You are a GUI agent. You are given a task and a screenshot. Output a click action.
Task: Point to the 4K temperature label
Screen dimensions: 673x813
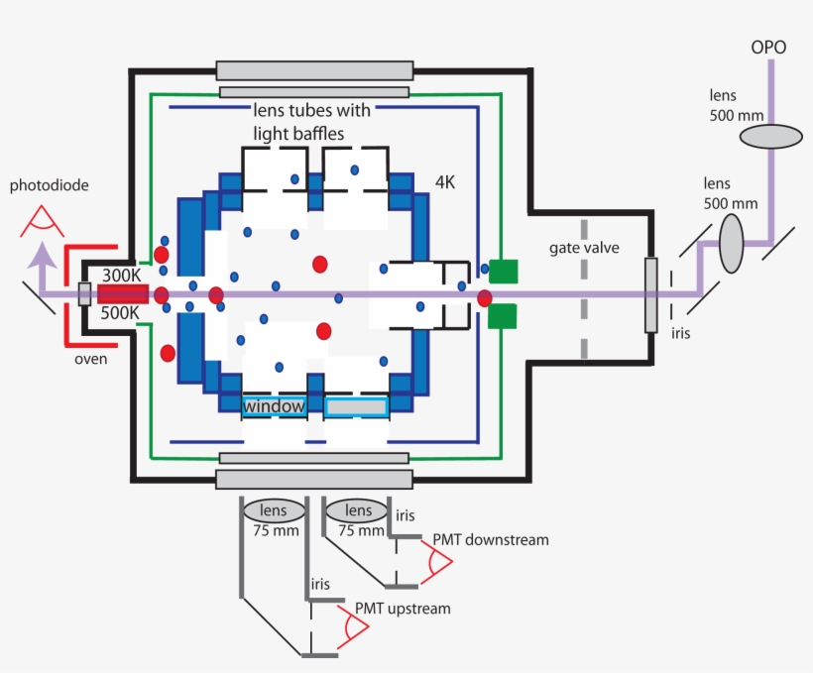pyautogui.click(x=449, y=182)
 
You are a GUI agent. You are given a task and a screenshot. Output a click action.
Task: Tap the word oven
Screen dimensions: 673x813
pyautogui.click(x=90, y=359)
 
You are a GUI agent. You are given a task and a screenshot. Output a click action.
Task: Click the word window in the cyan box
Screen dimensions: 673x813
pyautogui.click(x=273, y=406)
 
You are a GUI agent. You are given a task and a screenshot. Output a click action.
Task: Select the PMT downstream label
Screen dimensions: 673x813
pyautogui.click(x=490, y=540)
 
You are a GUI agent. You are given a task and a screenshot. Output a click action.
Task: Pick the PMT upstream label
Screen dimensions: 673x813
pyautogui.click(x=402, y=608)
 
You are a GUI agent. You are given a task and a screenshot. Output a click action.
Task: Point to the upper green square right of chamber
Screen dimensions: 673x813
pyautogui.click(x=504, y=270)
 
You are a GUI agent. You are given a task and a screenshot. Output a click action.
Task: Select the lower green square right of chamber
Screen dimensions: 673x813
pyautogui.click(x=504, y=316)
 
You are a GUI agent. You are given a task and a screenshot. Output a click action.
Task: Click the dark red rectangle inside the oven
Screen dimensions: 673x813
pyautogui.click(x=123, y=293)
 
